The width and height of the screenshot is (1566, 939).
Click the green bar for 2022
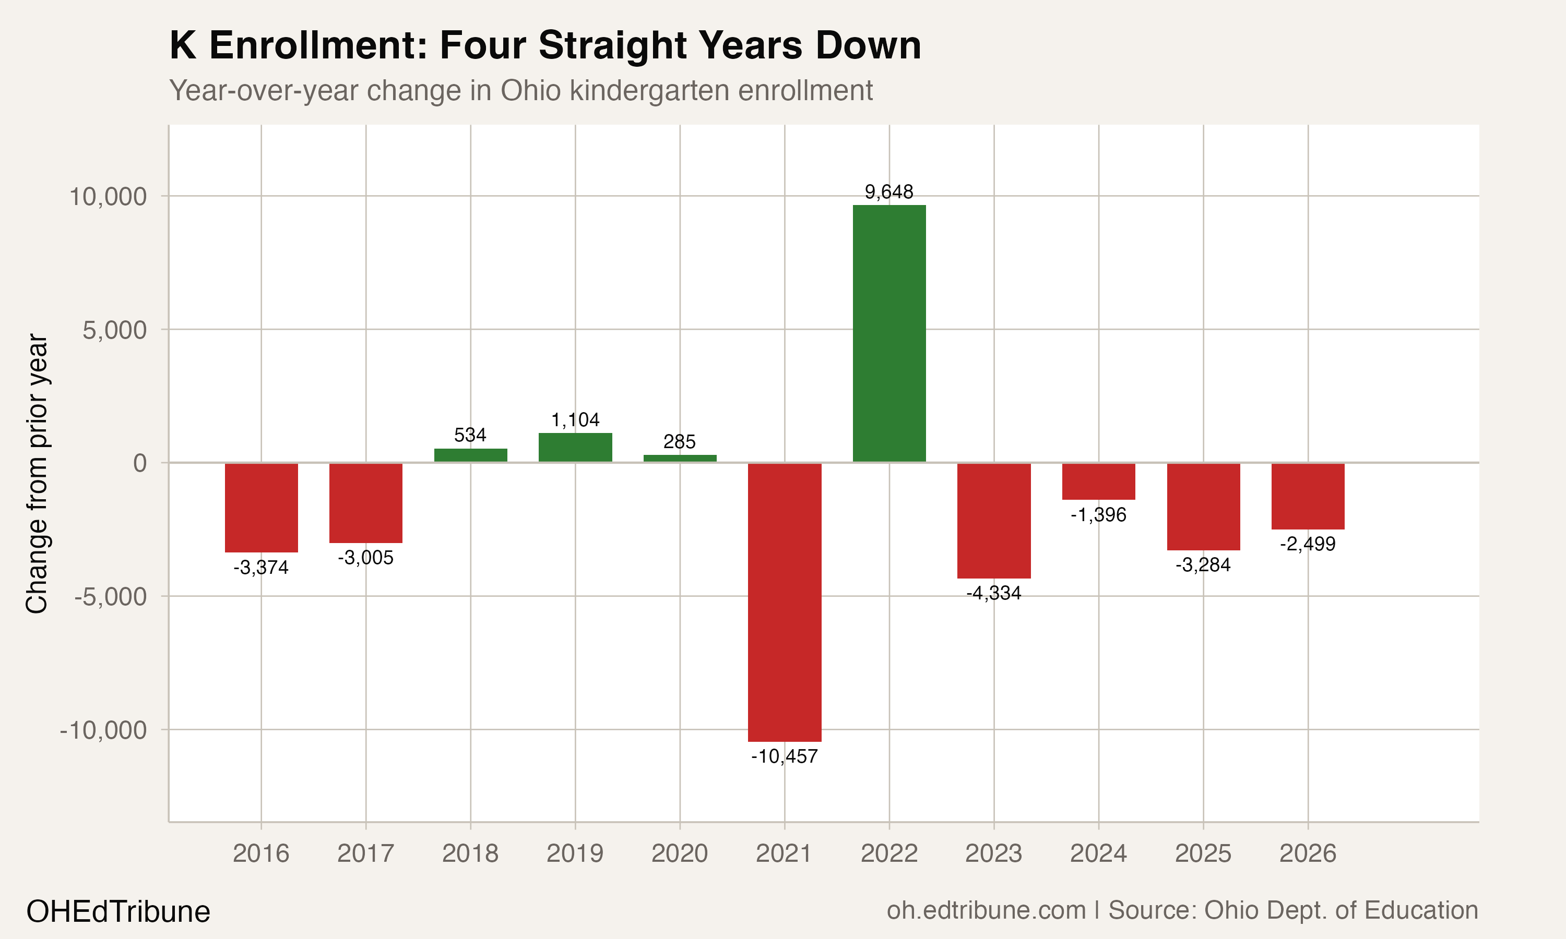pyautogui.click(x=889, y=333)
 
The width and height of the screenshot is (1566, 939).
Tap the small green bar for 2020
pyautogui.click(x=680, y=458)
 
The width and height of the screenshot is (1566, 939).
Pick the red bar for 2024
pyautogui.click(x=1098, y=481)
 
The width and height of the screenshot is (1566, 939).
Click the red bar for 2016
pyautogui.click(x=261, y=508)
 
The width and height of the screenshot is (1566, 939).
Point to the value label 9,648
pyautogui.click(x=889, y=192)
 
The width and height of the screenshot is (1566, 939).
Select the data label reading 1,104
pyautogui.click(x=575, y=419)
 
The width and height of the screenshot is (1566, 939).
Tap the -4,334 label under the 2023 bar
pyautogui.click(x=993, y=593)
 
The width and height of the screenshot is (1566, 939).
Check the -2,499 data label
pyautogui.click(x=1307, y=544)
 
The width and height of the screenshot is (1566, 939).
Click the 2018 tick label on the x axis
pyautogui.click(x=470, y=853)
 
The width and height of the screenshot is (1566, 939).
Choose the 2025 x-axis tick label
pyautogui.click(x=1203, y=853)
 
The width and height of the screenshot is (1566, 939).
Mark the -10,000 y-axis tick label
pyautogui.click(x=103, y=730)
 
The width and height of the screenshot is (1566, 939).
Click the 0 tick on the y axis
pyautogui.click(x=140, y=463)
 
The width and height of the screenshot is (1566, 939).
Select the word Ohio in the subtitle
pyautogui.click(x=530, y=90)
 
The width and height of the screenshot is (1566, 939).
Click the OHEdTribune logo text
pyautogui.click(x=118, y=911)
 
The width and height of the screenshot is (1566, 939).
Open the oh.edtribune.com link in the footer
pyautogui.click(x=986, y=910)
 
